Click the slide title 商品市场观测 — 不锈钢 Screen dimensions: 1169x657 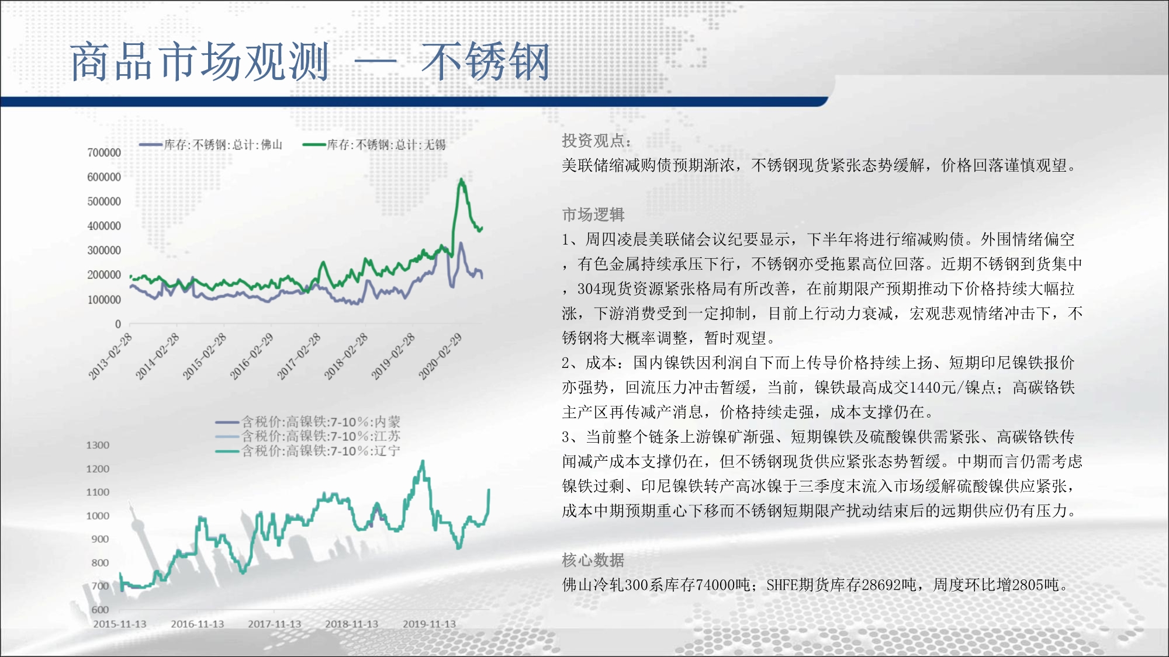coord(310,61)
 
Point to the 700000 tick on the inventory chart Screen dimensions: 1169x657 coord(104,152)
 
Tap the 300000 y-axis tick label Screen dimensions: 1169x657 coord(104,250)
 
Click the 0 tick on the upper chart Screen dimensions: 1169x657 coord(118,324)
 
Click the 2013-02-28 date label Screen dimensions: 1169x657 coord(110,356)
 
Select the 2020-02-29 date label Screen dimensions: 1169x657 coord(440,356)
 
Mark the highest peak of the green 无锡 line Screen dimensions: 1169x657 coord(461,179)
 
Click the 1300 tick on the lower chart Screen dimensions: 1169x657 coord(98,445)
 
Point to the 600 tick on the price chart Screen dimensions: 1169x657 coord(100,609)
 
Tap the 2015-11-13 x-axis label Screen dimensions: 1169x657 coord(120,624)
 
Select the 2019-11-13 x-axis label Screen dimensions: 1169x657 coord(429,624)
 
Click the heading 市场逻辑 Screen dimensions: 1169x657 coord(593,215)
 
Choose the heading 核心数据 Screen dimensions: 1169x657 coord(593,560)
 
